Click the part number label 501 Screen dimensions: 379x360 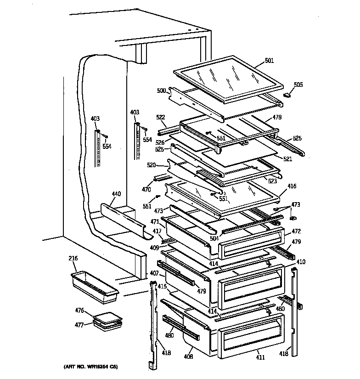coord(269,60)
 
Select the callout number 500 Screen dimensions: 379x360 coord(161,91)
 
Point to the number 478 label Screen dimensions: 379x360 coord(277,117)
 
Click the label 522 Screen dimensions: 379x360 coord(160,118)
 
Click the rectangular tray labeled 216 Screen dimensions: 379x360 coord(94,287)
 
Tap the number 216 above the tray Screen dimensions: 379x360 coord(73,259)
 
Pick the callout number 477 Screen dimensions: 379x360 coord(79,325)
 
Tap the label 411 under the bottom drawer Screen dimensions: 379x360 coord(260,357)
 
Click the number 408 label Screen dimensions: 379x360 coord(189,356)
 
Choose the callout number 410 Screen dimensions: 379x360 coord(300,262)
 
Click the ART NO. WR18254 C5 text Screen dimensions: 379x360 coord(90,368)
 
